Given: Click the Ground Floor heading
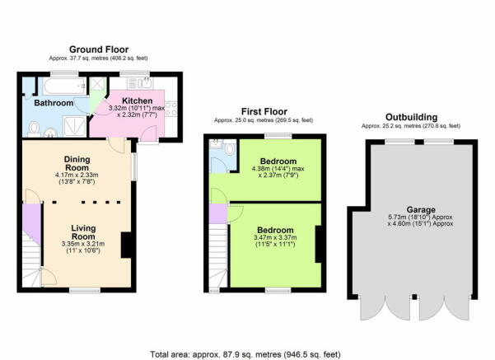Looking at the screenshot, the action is coord(99,49).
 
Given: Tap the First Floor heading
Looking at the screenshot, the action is coord(264,112).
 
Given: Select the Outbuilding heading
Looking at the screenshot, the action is coord(411,117).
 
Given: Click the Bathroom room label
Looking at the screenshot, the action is coord(54,103).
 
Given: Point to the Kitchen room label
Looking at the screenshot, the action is coord(137,101).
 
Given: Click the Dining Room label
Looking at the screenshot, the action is coord(77,164).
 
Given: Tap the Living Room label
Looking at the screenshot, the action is coord(83,232).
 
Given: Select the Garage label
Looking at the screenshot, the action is coord(421,210).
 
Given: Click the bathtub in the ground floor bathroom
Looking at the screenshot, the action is coord(64,86).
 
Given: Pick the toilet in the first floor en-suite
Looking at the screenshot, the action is coord(231,148).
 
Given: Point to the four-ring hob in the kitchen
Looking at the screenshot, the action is coord(170,109).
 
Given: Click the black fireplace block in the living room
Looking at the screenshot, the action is coord(126,245).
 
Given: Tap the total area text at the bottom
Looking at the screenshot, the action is coord(245,354).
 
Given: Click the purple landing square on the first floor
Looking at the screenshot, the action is coord(217,213).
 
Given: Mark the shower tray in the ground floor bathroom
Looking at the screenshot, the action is coord(74,126).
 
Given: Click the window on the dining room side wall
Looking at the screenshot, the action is coord(134,166).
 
